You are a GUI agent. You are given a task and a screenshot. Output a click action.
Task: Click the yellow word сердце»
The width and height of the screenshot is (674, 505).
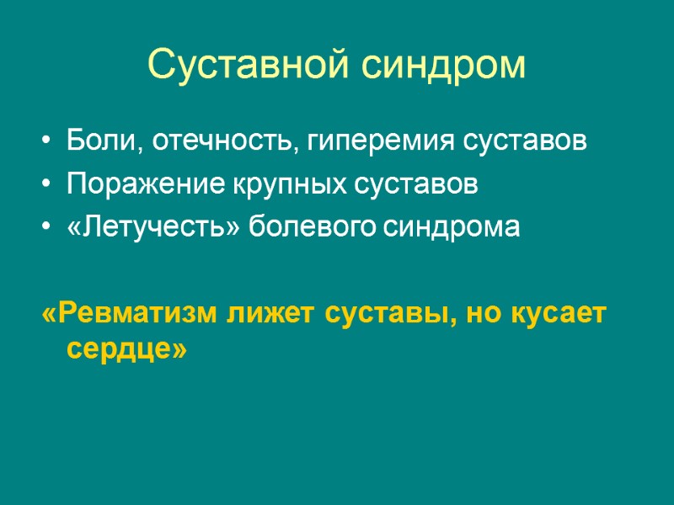125,348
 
